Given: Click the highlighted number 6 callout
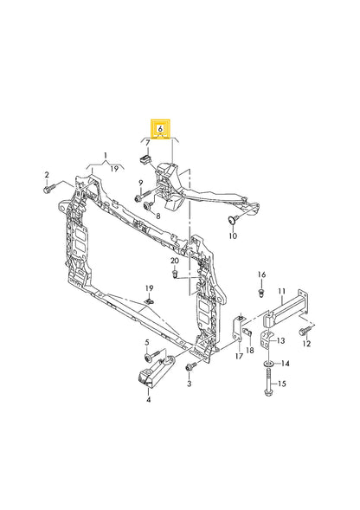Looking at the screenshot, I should [159, 126].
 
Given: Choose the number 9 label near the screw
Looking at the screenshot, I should [138, 182].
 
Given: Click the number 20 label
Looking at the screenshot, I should [175, 261].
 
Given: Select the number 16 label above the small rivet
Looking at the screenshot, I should [260, 274].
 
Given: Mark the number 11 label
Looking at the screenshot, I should [281, 292].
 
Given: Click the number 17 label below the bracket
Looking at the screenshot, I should [239, 355].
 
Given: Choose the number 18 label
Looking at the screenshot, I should [252, 350].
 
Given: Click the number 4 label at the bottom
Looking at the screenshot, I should [148, 400].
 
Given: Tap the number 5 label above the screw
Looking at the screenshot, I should [148, 343].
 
